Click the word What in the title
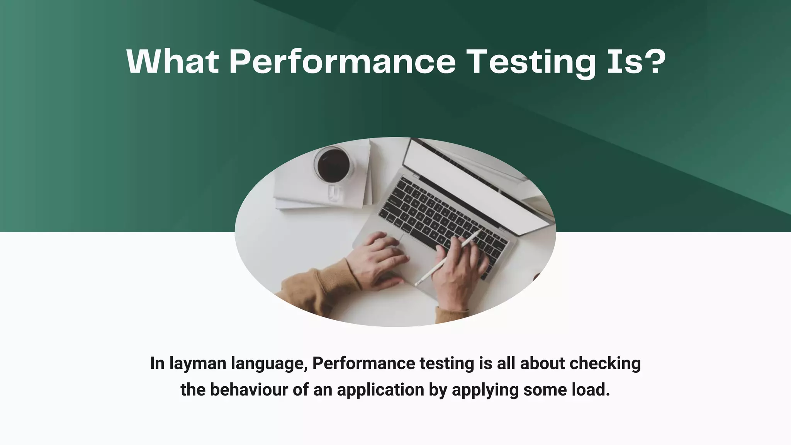[173, 61]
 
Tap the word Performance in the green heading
[343, 61]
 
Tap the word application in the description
[380, 390]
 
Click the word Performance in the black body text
[360, 363]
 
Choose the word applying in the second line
[485, 390]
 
